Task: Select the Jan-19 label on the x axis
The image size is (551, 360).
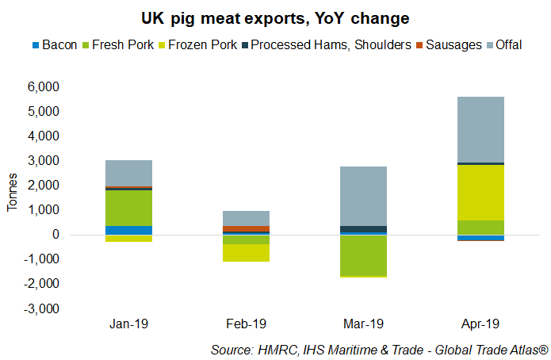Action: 128,324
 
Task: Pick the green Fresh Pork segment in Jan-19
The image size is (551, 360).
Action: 128,208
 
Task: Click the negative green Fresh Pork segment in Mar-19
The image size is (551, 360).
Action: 363,255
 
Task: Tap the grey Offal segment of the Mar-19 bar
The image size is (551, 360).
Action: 363,196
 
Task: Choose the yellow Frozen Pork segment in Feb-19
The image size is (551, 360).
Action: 246,252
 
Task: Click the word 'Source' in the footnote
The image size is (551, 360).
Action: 229,349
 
